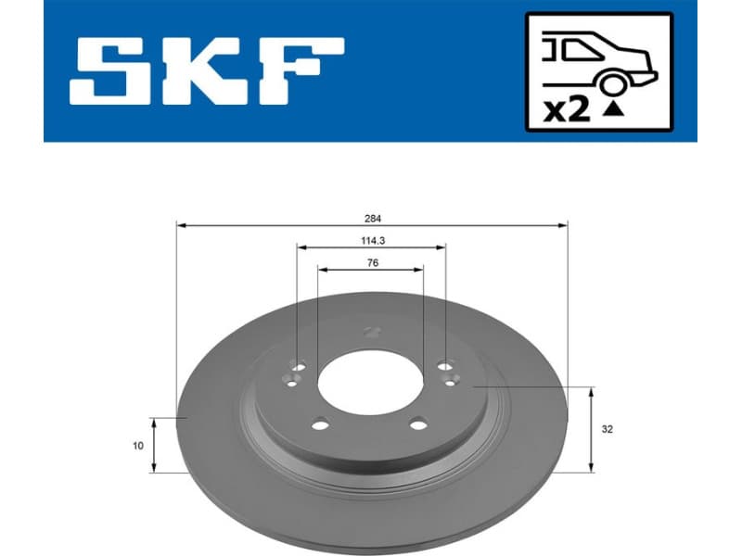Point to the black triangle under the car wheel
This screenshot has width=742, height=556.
click(x=612, y=110)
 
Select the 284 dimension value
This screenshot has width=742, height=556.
click(x=371, y=219)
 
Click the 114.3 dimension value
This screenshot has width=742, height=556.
click(x=371, y=241)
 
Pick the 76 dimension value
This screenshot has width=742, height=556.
click(x=371, y=263)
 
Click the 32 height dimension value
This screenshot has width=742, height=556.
click(x=608, y=430)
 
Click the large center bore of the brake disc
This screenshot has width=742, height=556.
click(x=371, y=383)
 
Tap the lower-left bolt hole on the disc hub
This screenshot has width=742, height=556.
click(x=320, y=425)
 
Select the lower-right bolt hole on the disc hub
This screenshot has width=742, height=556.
click(x=418, y=425)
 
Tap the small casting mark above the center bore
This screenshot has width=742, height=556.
click(x=373, y=331)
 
